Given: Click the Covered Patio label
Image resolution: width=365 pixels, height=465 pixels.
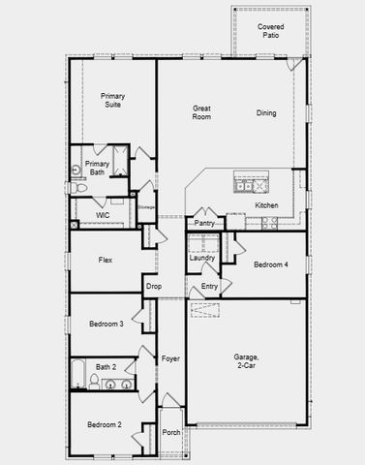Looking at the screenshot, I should pyautogui.click(x=271, y=31).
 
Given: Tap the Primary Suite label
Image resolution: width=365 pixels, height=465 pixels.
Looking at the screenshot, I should pyautogui.click(x=112, y=101).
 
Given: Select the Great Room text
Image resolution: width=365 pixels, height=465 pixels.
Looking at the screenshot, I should pyautogui.click(x=201, y=111).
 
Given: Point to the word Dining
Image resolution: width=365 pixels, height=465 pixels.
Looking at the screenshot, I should pyautogui.click(x=266, y=113).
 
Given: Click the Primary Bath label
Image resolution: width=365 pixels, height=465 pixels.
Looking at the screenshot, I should pyautogui.click(x=97, y=169).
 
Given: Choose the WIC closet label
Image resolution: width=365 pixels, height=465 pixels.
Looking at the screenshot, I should pyautogui.click(x=102, y=215).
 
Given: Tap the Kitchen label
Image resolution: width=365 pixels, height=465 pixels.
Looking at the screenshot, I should pyautogui.click(x=267, y=205).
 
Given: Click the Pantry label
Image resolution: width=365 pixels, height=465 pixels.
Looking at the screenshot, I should pyautogui.click(x=204, y=224).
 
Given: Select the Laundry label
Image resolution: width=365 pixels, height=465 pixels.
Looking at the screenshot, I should pyautogui.click(x=202, y=258).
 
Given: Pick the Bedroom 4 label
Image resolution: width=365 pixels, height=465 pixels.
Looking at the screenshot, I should pyautogui.click(x=270, y=264).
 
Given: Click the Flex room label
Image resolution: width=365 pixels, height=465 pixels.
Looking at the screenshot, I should pyautogui.click(x=106, y=260).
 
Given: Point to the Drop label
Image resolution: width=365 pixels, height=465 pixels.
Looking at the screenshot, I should pyautogui.click(x=153, y=286).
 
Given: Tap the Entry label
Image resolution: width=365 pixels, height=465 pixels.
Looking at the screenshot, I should pyautogui.click(x=209, y=286).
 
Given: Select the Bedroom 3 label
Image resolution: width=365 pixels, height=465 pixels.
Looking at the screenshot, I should pyautogui.click(x=106, y=324).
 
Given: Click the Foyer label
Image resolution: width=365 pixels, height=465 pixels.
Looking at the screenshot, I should pyautogui.click(x=170, y=358).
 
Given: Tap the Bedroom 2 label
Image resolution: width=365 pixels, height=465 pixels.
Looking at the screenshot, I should pyautogui.click(x=105, y=424).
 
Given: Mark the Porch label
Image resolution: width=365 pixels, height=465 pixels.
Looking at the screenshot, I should pyautogui.click(x=170, y=432).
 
